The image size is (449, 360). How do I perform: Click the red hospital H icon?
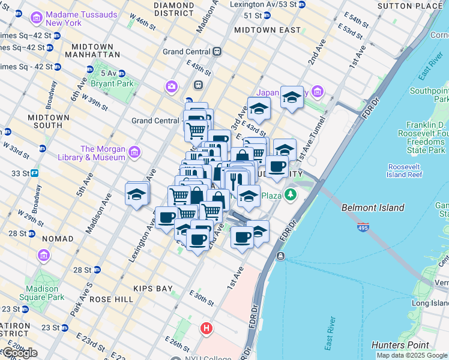pyautogui.click(x=206, y=328)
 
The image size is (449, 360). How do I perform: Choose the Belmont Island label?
pyautogui.click(x=373, y=208)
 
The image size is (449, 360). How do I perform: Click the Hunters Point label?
pyautogui.click(x=400, y=345)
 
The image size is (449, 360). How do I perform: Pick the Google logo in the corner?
pyautogui.click(x=19, y=353)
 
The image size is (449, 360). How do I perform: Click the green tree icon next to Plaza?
pyautogui.click(x=291, y=194)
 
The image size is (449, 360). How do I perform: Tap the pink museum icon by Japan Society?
pyautogui.click(x=317, y=92)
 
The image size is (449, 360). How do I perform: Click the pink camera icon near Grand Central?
pyautogui.click(x=172, y=87)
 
